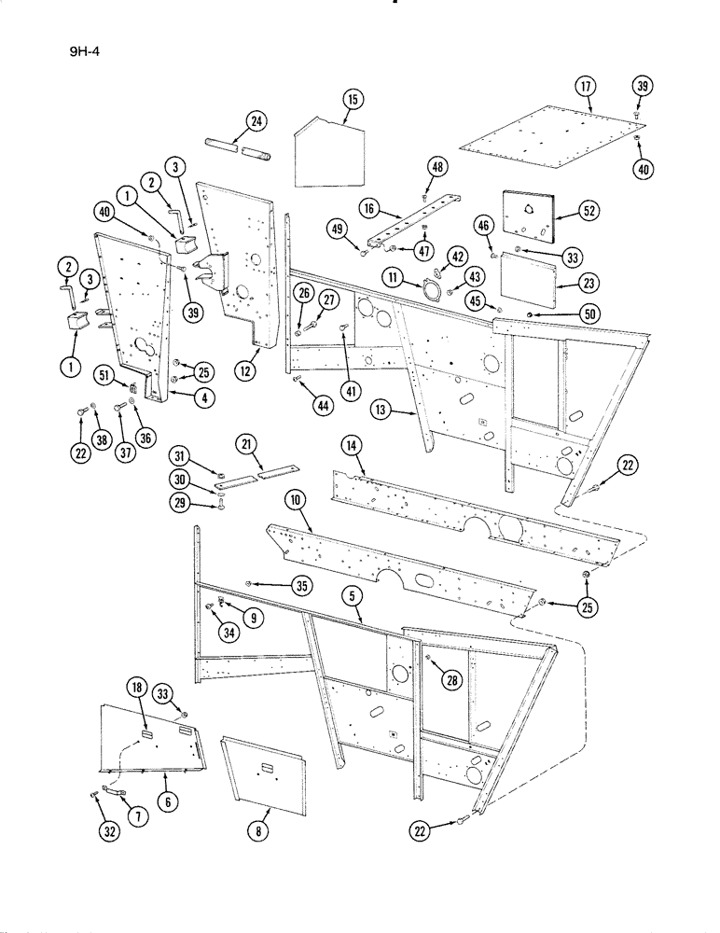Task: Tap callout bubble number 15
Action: click(351, 99)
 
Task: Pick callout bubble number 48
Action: click(437, 167)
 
